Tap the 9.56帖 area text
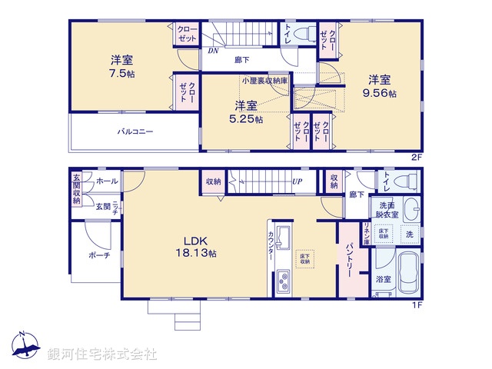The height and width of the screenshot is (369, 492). (x=381, y=93)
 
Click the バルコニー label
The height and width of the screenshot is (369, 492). (x=135, y=131)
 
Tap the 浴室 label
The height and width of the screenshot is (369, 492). (x=384, y=281)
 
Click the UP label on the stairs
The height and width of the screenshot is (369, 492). (x=296, y=182)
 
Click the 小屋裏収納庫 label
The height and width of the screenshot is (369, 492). (x=264, y=80)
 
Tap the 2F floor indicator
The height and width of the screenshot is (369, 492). (x=417, y=157)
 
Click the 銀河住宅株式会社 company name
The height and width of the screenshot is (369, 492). (x=102, y=354)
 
